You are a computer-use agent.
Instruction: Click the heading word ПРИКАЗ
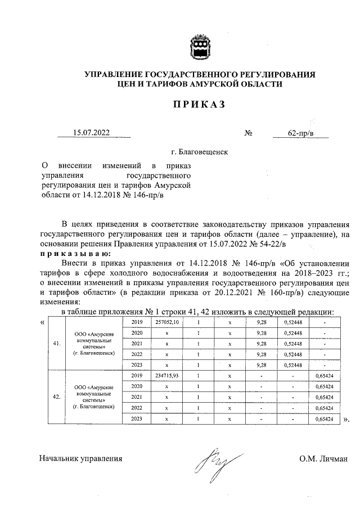coord(199,104)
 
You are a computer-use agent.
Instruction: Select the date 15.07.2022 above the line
coord(92,133)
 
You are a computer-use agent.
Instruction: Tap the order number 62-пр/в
coord(300,134)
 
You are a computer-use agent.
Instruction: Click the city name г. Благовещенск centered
coord(200,152)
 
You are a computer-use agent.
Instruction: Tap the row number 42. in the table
coord(57,397)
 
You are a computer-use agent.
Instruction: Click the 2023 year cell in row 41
coord(137,364)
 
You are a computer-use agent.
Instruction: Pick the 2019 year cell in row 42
coord(137,376)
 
